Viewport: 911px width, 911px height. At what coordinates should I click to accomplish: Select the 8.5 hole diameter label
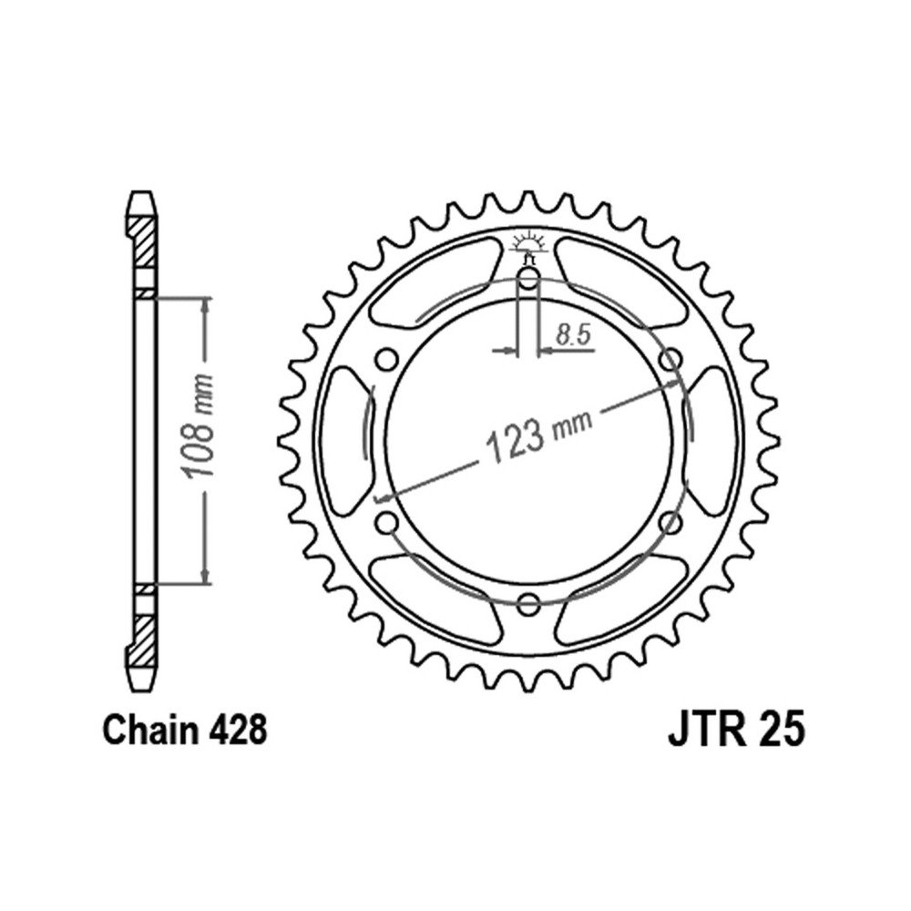point(572,335)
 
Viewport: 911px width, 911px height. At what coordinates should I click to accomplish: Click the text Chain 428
point(185,731)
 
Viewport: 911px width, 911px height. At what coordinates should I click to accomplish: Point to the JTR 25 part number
point(737,731)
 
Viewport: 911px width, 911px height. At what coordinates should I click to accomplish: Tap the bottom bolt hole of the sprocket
point(528,604)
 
